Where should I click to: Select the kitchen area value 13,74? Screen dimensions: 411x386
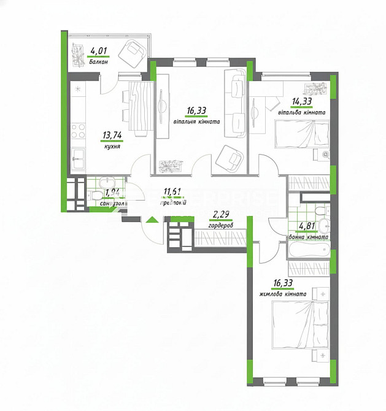tap(111, 137)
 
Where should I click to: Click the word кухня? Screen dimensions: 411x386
tap(112, 147)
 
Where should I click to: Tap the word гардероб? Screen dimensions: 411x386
tap(221, 224)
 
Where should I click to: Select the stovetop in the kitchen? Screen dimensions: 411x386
tap(79, 130)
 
